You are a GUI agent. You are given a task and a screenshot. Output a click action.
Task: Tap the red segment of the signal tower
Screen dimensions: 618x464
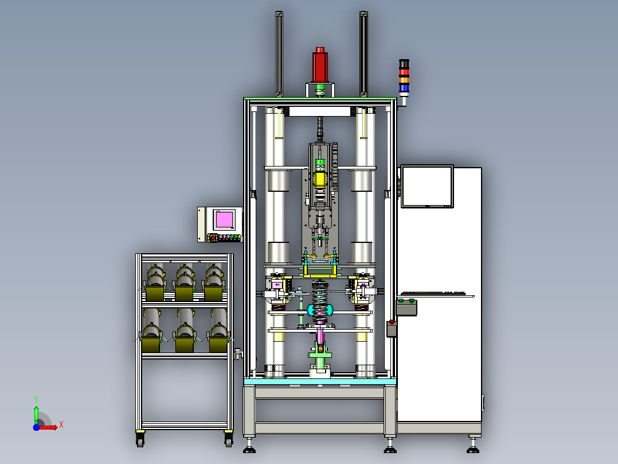click(x=404, y=72)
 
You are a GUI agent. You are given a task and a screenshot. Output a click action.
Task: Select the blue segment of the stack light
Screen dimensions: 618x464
click(x=404, y=88)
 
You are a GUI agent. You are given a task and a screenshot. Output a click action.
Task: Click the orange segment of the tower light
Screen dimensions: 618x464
click(x=404, y=80)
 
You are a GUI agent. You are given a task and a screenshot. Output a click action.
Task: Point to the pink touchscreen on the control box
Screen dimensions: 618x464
click(x=224, y=219)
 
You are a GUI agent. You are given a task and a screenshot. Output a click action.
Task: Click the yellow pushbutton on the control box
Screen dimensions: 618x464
click(x=239, y=237)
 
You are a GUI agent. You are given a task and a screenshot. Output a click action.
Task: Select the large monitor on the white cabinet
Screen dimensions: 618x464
click(x=427, y=187)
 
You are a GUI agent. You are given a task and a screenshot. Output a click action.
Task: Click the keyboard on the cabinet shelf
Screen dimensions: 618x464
click(x=437, y=293)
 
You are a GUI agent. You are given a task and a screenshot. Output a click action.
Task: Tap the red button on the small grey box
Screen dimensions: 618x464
click(x=392, y=322)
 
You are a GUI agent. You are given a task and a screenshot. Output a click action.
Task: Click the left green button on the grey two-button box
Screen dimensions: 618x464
click(x=401, y=301)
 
